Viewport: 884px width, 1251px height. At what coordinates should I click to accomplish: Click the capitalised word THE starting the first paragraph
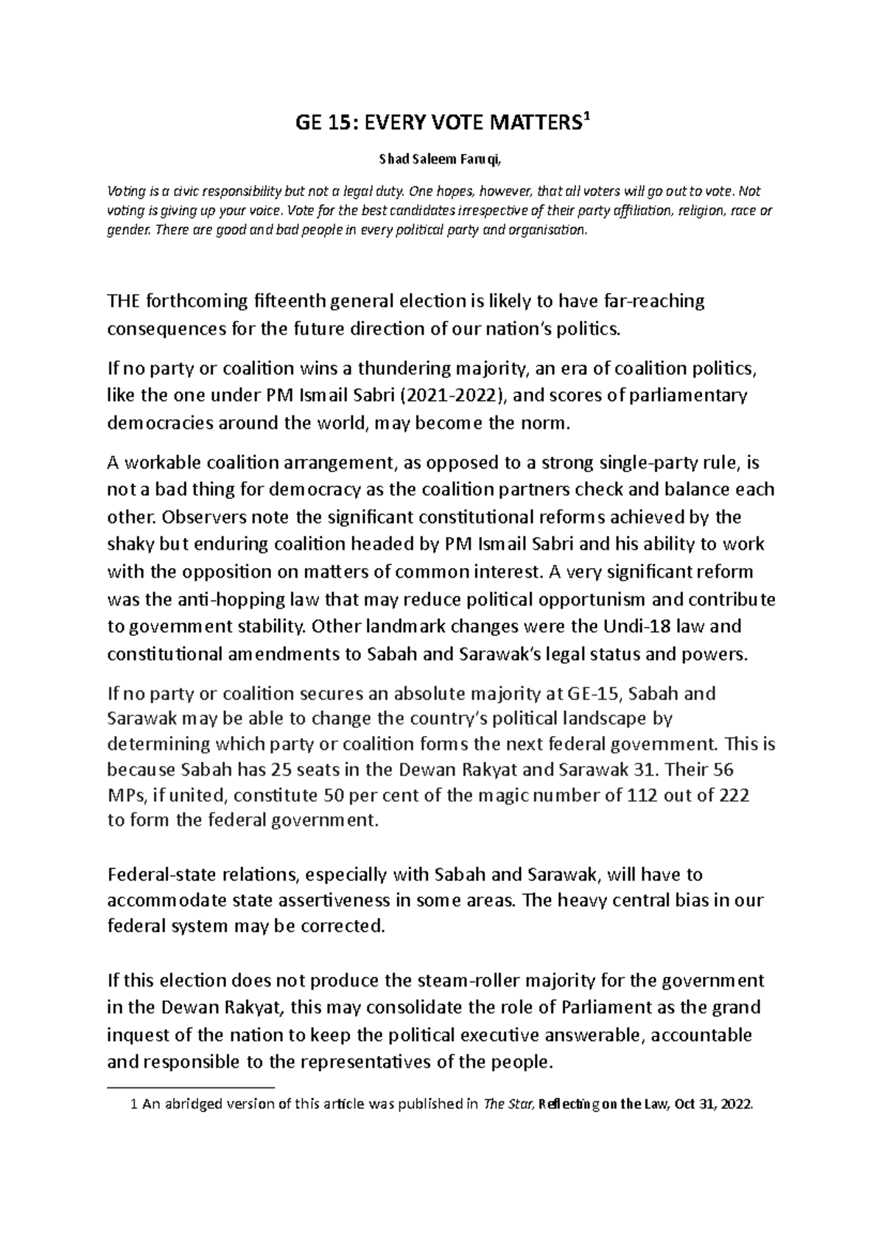[125, 301]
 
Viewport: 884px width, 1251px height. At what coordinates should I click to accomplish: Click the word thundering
[404, 368]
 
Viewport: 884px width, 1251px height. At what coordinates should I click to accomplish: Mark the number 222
[732, 796]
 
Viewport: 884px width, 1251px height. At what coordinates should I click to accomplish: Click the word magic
[502, 796]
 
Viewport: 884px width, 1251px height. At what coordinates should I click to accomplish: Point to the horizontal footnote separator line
[190, 1087]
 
